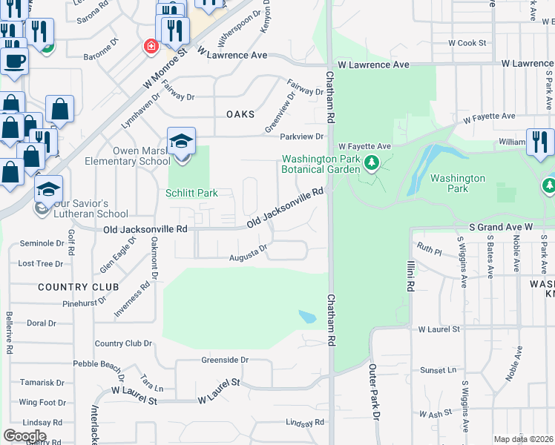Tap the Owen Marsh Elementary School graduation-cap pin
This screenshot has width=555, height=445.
[181, 142]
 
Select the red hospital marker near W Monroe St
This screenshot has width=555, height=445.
[151, 46]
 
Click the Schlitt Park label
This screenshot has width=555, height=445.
[191, 193]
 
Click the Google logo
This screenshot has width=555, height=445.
[24, 435]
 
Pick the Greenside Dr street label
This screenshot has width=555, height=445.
[225, 360]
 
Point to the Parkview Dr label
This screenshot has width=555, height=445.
[302, 136]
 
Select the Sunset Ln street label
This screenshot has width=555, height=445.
[438, 369]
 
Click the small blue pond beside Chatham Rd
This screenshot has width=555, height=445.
[307, 317]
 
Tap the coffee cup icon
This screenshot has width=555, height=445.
[15, 59]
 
